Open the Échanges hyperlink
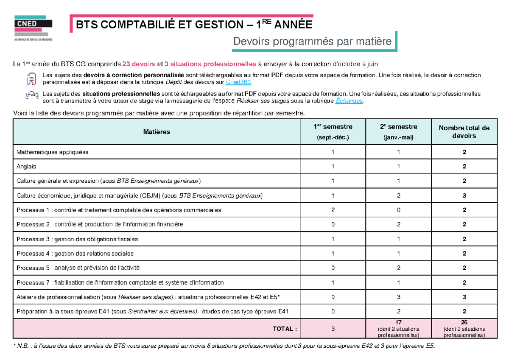click(349, 100)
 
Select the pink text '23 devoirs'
click(139, 64)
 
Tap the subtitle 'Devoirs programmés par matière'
click(312, 42)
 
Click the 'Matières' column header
click(157, 132)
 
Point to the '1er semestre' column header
click(333, 131)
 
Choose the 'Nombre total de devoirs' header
click(464, 132)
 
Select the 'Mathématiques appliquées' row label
click(53, 152)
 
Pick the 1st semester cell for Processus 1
click(333, 210)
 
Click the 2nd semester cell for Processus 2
click(398, 224)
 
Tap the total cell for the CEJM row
click(464, 195)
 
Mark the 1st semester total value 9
click(333, 329)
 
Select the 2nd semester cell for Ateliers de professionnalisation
click(398, 297)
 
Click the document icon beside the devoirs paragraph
click(31, 78)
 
